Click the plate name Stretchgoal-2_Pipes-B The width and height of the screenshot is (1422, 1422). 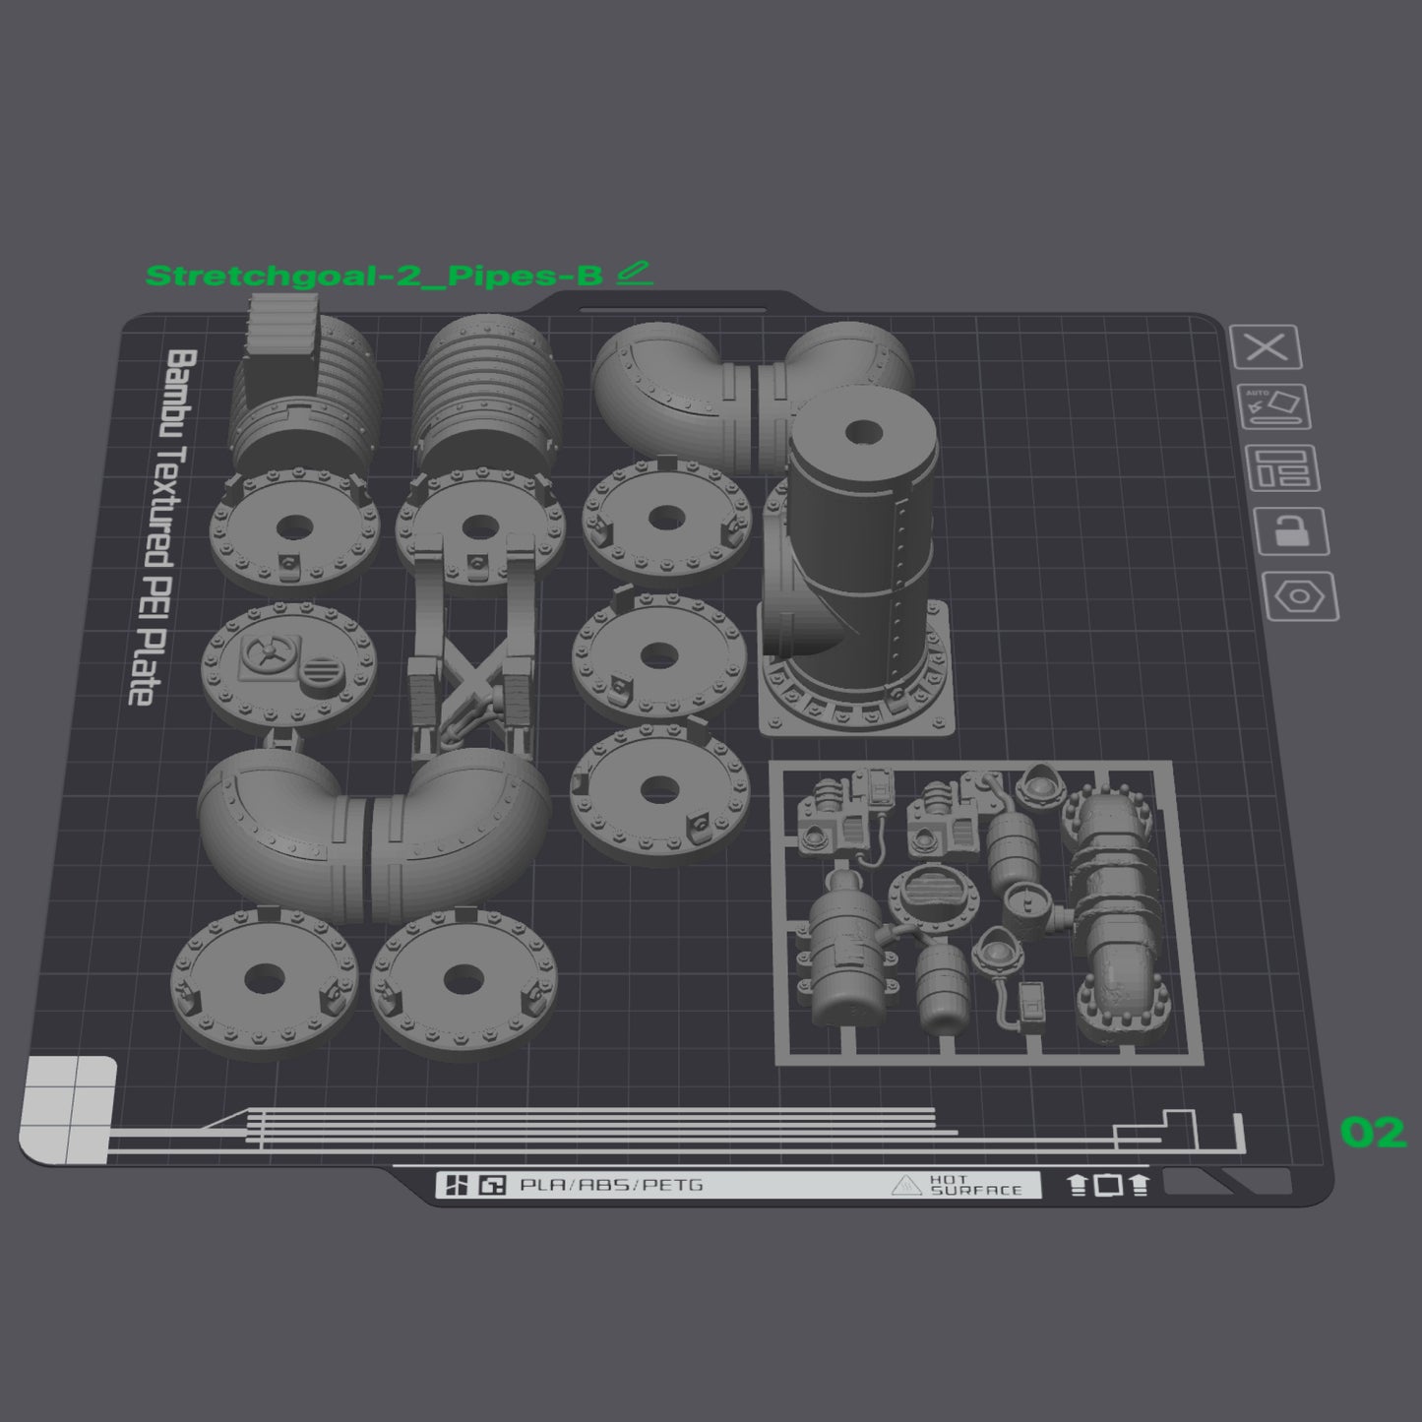pyautogui.click(x=373, y=276)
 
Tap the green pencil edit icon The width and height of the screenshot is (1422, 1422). pyautogui.click(x=635, y=273)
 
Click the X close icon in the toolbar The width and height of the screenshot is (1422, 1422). pyautogui.click(x=1267, y=347)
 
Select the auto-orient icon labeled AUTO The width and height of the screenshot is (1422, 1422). pyautogui.click(x=1275, y=406)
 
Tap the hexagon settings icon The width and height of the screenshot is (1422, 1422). pyautogui.click(x=1301, y=596)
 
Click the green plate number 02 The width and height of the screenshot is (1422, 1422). pyautogui.click(x=1373, y=1133)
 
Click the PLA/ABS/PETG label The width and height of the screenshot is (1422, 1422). pyautogui.click(x=611, y=1185)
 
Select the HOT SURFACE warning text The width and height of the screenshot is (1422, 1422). pyautogui.click(x=975, y=1185)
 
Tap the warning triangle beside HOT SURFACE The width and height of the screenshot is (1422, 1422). pyautogui.click(x=905, y=1186)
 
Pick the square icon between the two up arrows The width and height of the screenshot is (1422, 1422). pyautogui.click(x=1109, y=1185)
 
